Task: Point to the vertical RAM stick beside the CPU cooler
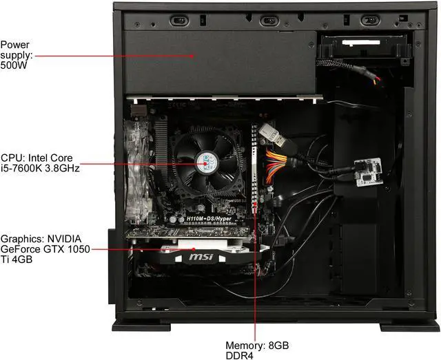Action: tap(256, 172)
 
